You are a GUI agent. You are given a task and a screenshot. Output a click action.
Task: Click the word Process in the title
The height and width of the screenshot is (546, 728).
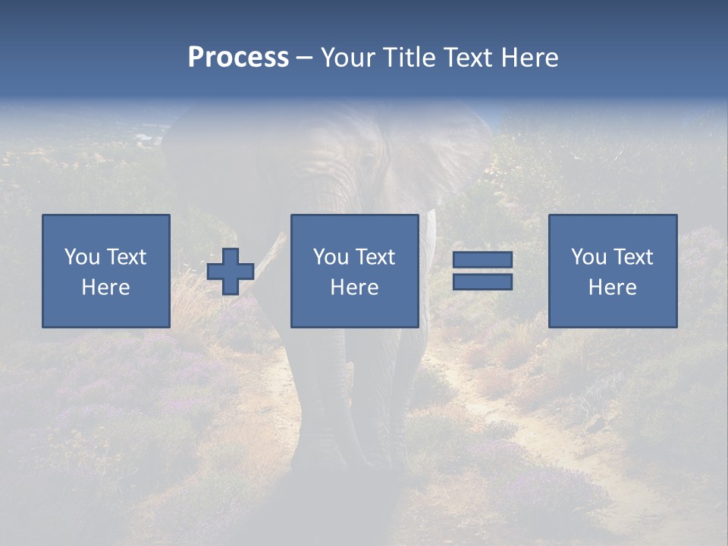coord(238,58)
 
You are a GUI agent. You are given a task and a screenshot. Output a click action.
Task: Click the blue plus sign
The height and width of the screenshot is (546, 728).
coord(231,271)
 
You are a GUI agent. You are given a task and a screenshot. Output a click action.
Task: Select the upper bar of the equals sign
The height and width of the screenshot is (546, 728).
coord(482,260)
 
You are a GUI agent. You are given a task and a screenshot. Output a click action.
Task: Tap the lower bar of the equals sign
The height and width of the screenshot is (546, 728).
coord(482,282)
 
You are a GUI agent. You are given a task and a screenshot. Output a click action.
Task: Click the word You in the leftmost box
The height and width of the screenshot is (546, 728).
coord(81,257)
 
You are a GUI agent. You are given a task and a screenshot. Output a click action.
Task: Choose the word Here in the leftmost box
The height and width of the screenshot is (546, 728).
coord(105,287)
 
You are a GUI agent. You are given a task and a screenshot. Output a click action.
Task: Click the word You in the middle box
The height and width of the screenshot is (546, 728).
coord(331,257)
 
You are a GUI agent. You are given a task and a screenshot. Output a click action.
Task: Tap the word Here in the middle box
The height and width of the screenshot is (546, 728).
coord(354,287)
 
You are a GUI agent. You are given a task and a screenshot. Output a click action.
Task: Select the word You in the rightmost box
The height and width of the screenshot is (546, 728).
coord(588,257)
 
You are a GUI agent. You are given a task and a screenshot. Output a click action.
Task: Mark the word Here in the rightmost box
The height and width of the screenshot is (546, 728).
coord(612,287)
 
